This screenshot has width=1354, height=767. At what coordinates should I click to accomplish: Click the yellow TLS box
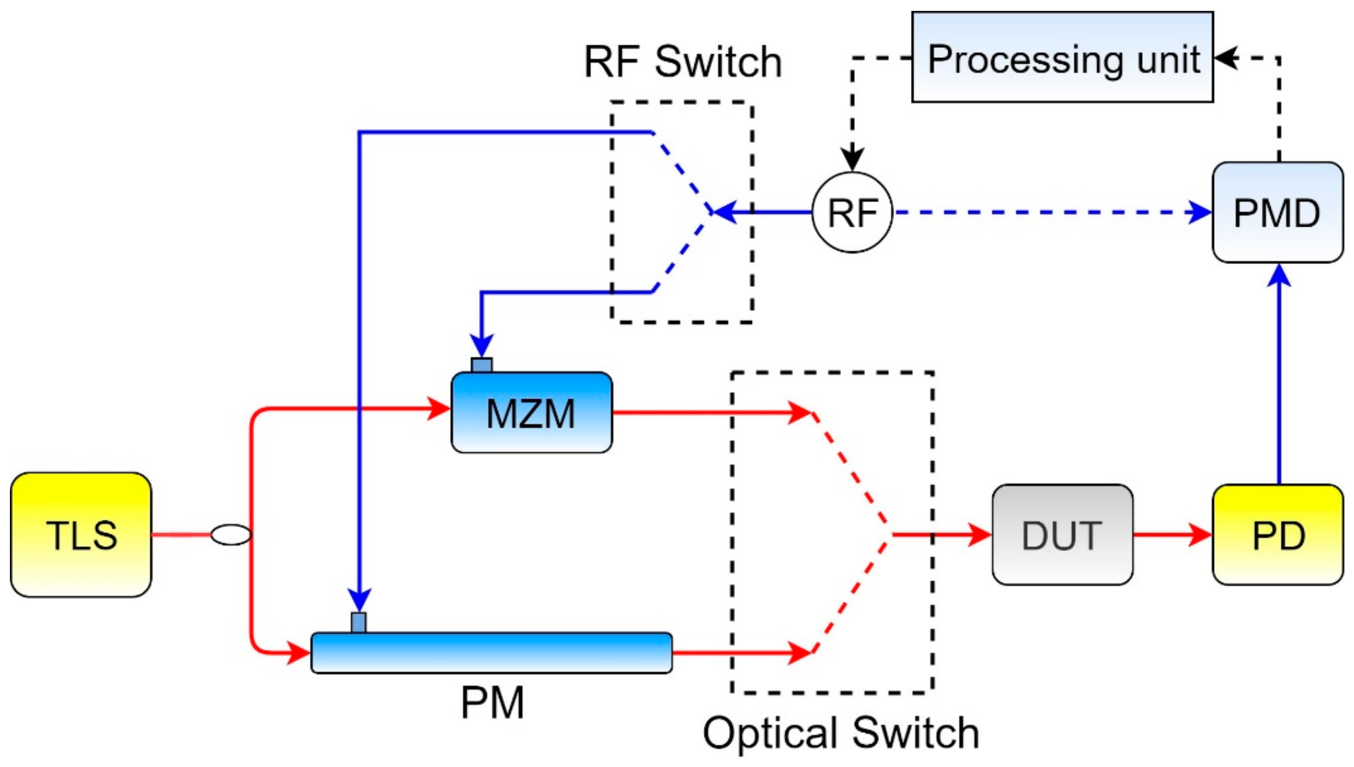pos(81,534)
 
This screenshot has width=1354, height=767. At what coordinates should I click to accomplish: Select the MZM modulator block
pos(531,412)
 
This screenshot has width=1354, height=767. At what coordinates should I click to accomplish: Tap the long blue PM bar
pos(491,653)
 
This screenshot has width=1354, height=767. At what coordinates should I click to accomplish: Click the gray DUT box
pos(1062,534)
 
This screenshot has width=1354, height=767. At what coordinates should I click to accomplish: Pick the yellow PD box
pos(1277,534)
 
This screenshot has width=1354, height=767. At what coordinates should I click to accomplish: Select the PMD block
pos(1277,212)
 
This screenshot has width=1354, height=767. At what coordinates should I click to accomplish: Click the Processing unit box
pos(1062,57)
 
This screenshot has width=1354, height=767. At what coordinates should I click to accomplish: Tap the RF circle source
pos(852,212)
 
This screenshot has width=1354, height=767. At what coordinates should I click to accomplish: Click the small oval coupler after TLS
pos(231,535)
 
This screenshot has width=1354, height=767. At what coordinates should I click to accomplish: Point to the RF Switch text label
pos(683,62)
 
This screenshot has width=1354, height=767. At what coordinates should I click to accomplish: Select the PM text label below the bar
pos(492,702)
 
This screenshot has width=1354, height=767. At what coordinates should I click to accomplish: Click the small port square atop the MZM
pos(482,365)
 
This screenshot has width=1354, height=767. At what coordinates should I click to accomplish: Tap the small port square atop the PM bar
pos(358,622)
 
